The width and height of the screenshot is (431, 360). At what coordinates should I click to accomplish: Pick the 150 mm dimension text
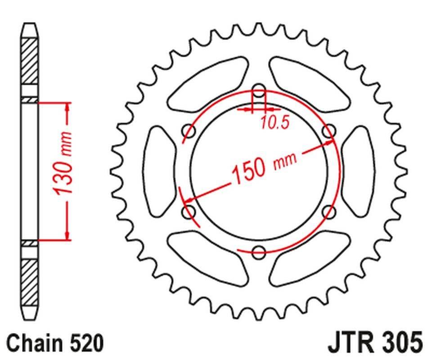pos(263,167)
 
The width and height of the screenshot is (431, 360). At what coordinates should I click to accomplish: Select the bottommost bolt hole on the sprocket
pos(259,252)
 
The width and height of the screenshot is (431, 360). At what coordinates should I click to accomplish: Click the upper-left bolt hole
pos(189,131)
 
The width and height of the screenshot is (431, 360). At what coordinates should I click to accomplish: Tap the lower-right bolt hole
pos(329,211)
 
